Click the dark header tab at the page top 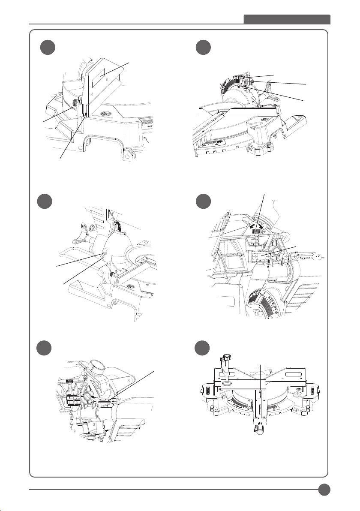[287, 20]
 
